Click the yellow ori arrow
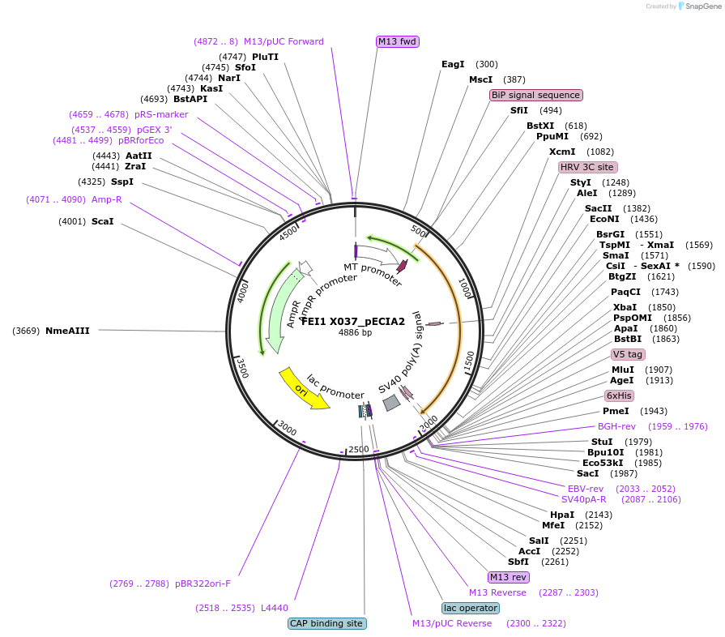(304, 389)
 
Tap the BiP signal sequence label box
(535, 95)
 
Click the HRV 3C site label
(587, 167)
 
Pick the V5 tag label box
(628, 354)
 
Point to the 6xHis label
(619, 395)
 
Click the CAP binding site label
(326, 623)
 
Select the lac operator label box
(470, 608)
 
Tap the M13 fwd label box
(398, 41)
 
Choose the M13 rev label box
(508, 577)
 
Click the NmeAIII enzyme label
(67, 331)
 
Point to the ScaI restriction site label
(102, 221)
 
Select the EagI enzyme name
(453, 64)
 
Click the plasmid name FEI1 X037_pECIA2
(353, 321)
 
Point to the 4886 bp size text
(355, 333)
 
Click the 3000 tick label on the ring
(288, 429)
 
